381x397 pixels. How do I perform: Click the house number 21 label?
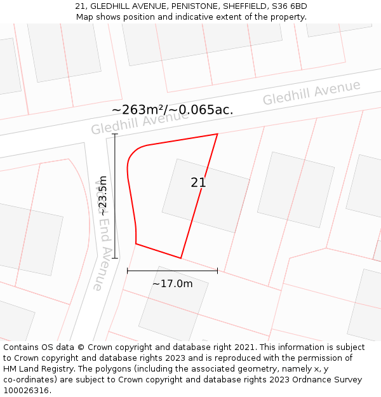(198, 183)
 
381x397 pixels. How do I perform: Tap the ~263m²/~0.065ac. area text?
(172, 110)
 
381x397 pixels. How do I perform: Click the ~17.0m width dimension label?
(172, 283)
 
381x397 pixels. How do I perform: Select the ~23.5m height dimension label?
(103, 196)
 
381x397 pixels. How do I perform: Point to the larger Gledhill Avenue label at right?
(311, 93)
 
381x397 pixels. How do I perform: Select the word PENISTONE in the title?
(187, 6)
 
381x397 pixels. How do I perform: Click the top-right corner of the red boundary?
(218, 134)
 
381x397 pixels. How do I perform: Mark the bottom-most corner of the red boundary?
(181, 258)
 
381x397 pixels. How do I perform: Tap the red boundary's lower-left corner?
(136, 243)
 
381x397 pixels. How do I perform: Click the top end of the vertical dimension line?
(115, 135)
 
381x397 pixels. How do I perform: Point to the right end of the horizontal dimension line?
(217, 271)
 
